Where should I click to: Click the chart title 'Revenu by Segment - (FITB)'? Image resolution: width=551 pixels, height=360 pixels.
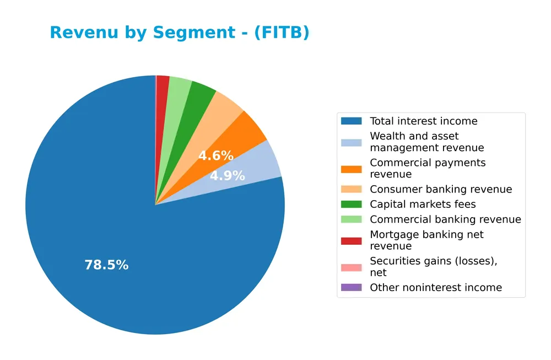click(x=180, y=33)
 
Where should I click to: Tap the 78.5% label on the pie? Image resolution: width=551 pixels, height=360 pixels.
click(x=106, y=265)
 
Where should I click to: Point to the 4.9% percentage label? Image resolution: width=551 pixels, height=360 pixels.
click(x=227, y=176)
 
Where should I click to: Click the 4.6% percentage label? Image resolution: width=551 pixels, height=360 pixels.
click(x=216, y=156)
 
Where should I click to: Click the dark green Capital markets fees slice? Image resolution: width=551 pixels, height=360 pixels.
click(x=201, y=96)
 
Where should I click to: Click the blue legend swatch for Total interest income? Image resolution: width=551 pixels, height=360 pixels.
click(x=352, y=121)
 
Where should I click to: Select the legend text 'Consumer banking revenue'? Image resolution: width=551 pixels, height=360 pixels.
click(x=441, y=190)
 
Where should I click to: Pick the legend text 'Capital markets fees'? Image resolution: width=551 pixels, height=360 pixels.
click(x=423, y=205)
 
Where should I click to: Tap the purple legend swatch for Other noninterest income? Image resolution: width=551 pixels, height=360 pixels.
click(x=352, y=288)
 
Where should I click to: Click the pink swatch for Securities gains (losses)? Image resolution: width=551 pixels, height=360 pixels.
click(x=352, y=267)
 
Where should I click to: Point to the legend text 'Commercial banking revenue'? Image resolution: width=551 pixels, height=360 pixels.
click(x=445, y=219)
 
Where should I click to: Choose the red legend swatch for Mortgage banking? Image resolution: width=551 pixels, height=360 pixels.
click(x=352, y=240)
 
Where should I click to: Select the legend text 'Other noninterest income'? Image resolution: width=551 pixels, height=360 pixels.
click(x=436, y=288)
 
